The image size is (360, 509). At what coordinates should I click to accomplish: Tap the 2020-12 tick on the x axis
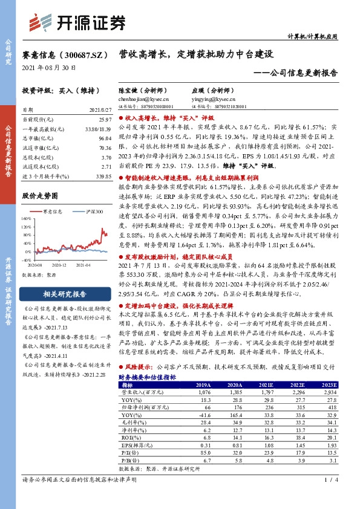click(x=59, y=265)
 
